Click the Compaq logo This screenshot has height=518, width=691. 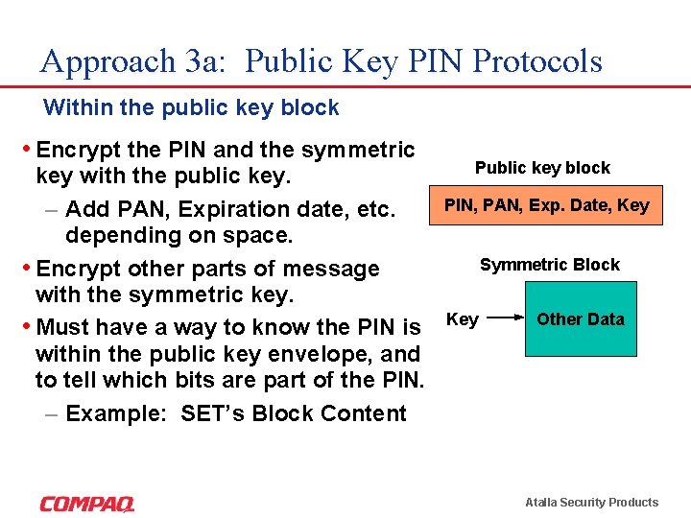coord(87,503)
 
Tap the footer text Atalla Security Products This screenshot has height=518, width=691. coord(591,503)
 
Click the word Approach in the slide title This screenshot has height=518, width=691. coord(106,61)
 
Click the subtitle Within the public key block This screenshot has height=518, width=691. coord(191,107)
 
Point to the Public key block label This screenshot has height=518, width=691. coord(542,168)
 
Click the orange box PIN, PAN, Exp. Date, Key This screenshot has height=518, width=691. coord(546,205)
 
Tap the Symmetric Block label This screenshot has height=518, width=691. coord(550,265)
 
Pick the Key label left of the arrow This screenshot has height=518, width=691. coord(463,319)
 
